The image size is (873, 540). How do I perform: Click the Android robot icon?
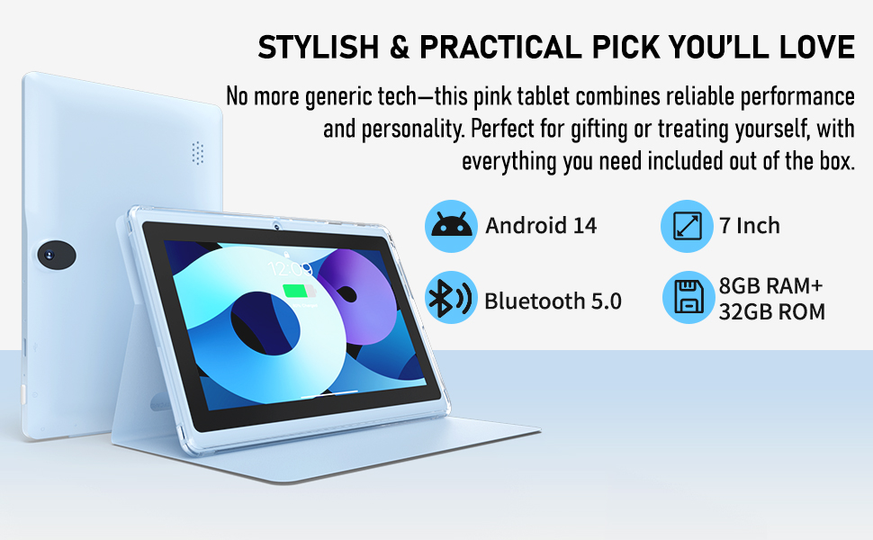451,226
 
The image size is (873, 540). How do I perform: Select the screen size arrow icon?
687,226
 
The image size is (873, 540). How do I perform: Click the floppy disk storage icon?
688,297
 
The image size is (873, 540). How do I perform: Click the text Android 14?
541,226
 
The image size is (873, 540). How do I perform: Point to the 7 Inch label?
750,226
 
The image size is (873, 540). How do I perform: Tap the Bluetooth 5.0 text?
553,301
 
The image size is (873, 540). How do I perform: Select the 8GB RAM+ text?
770,285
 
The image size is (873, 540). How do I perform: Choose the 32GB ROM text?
771,311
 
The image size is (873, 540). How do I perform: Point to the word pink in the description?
492,97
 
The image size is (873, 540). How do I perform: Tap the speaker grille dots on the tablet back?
198,153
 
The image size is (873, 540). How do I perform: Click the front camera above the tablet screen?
276,226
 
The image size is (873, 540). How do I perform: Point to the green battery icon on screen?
299,292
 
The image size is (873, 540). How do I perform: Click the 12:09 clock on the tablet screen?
290,269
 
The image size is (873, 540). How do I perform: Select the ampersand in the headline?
400,47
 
